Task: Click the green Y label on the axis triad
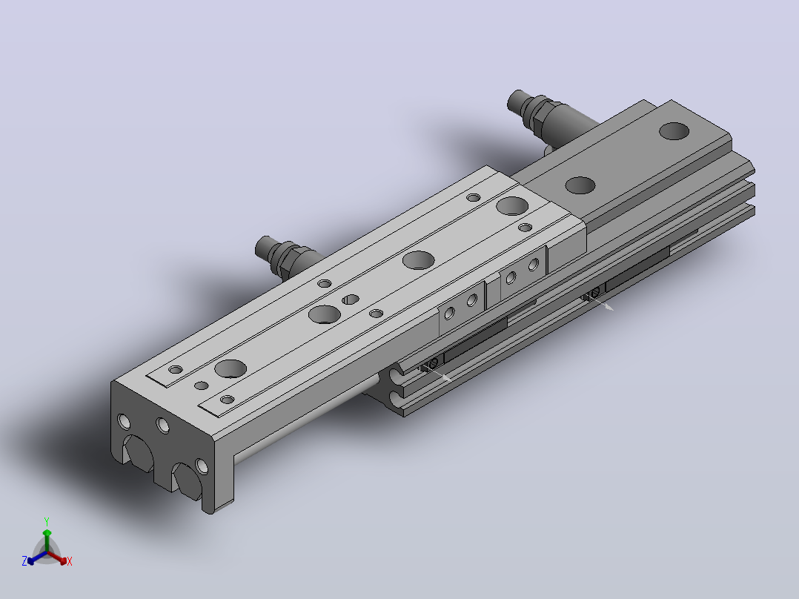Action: (x=47, y=521)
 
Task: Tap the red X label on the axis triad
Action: (x=70, y=561)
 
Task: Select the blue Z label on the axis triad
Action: (x=24, y=561)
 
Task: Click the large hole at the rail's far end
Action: (x=674, y=131)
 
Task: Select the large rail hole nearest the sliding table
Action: (x=580, y=185)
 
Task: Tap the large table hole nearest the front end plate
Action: (x=231, y=368)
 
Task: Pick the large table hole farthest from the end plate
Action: (x=512, y=206)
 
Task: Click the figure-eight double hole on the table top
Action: (x=350, y=299)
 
